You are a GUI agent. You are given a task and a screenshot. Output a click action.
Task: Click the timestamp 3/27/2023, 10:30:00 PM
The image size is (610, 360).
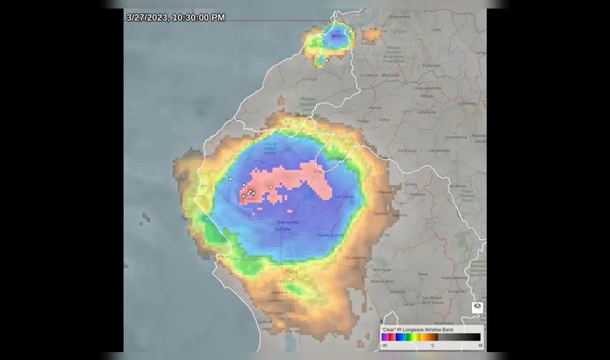(x=176, y=18)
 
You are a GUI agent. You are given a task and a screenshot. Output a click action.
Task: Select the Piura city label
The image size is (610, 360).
(x=290, y=270)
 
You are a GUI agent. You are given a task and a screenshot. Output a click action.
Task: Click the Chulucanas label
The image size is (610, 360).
(x=356, y=257)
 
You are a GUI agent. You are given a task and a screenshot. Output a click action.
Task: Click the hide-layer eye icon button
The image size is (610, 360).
(x=478, y=306)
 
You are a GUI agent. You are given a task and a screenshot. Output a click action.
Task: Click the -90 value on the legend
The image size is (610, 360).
(x=384, y=346)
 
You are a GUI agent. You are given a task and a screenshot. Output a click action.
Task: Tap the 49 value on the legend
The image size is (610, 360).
(x=480, y=346)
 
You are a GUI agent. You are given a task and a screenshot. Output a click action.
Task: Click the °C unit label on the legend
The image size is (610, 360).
(x=432, y=346)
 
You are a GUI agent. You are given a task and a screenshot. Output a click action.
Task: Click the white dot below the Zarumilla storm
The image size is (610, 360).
(x=327, y=60)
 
